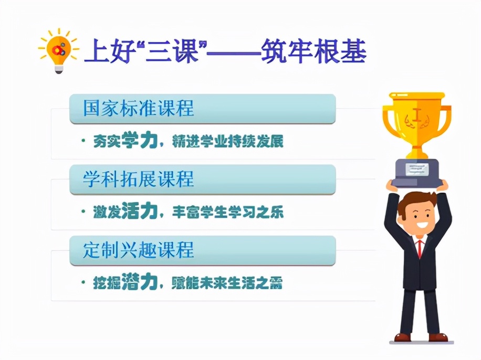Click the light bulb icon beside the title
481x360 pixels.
click(58, 50)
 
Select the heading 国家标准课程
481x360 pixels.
click(139, 108)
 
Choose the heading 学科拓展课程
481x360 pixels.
click(139, 179)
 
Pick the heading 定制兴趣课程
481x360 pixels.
click(139, 250)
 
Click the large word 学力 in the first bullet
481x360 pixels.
click(140, 141)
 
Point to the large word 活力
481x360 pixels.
click(140, 211)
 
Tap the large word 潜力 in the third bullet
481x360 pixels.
click(140, 283)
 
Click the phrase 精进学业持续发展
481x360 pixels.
click(227, 142)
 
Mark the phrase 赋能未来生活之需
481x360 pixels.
click(227, 284)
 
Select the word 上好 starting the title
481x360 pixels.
click(101, 51)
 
